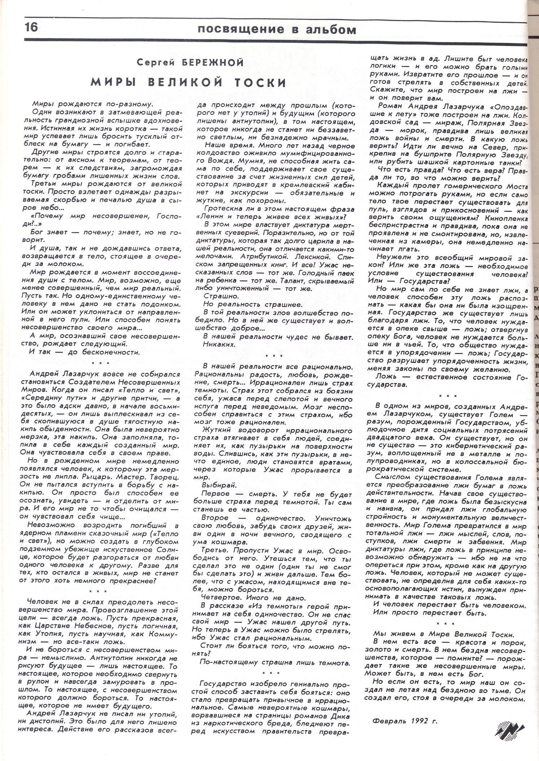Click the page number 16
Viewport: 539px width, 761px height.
pyautogui.click(x=31, y=28)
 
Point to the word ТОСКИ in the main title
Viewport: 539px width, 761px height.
pyautogui.click(x=260, y=83)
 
